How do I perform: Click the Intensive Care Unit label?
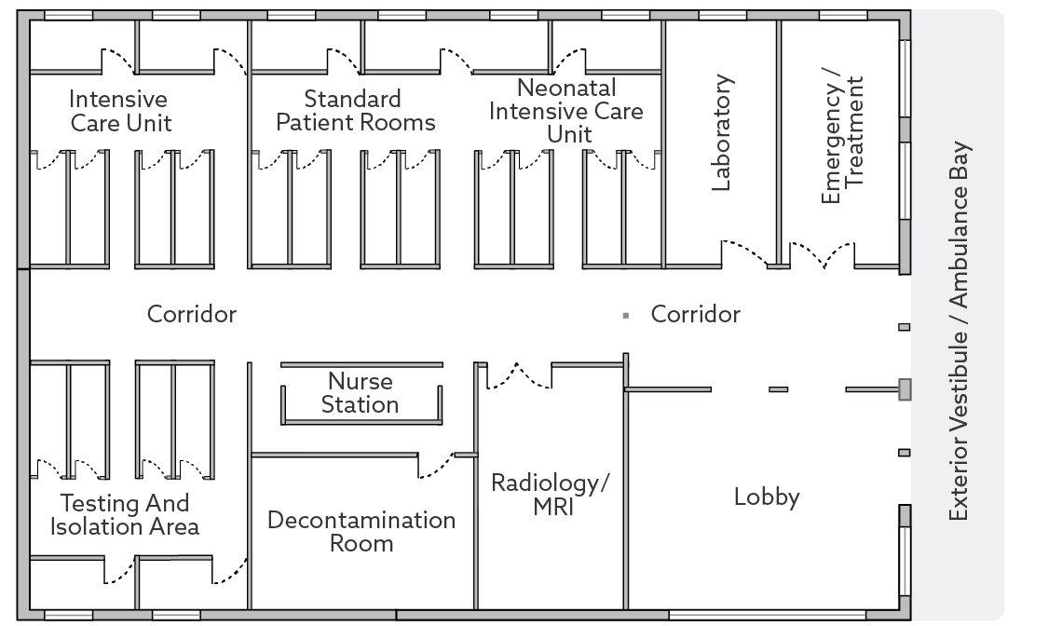click(x=120, y=111)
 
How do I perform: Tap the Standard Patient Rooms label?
click(x=357, y=111)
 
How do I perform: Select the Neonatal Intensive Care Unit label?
click(x=566, y=111)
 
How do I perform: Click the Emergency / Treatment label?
click(x=843, y=140)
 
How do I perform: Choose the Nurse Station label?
click(x=361, y=393)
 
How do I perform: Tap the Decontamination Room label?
click(x=361, y=531)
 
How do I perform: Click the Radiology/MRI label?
click(x=550, y=497)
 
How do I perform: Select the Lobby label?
click(x=767, y=497)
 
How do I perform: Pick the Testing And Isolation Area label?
click(x=129, y=515)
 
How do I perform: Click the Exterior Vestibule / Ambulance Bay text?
click(x=960, y=331)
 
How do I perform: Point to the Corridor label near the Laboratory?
click(x=695, y=315)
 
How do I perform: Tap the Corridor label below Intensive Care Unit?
click(x=192, y=315)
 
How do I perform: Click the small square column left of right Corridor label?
click(x=626, y=316)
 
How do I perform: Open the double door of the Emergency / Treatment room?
click(x=821, y=254)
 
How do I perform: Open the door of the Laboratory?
click(x=745, y=253)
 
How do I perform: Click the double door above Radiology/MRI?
click(x=518, y=374)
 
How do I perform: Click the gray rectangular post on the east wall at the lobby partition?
click(x=904, y=388)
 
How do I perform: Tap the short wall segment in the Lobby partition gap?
click(x=778, y=389)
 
